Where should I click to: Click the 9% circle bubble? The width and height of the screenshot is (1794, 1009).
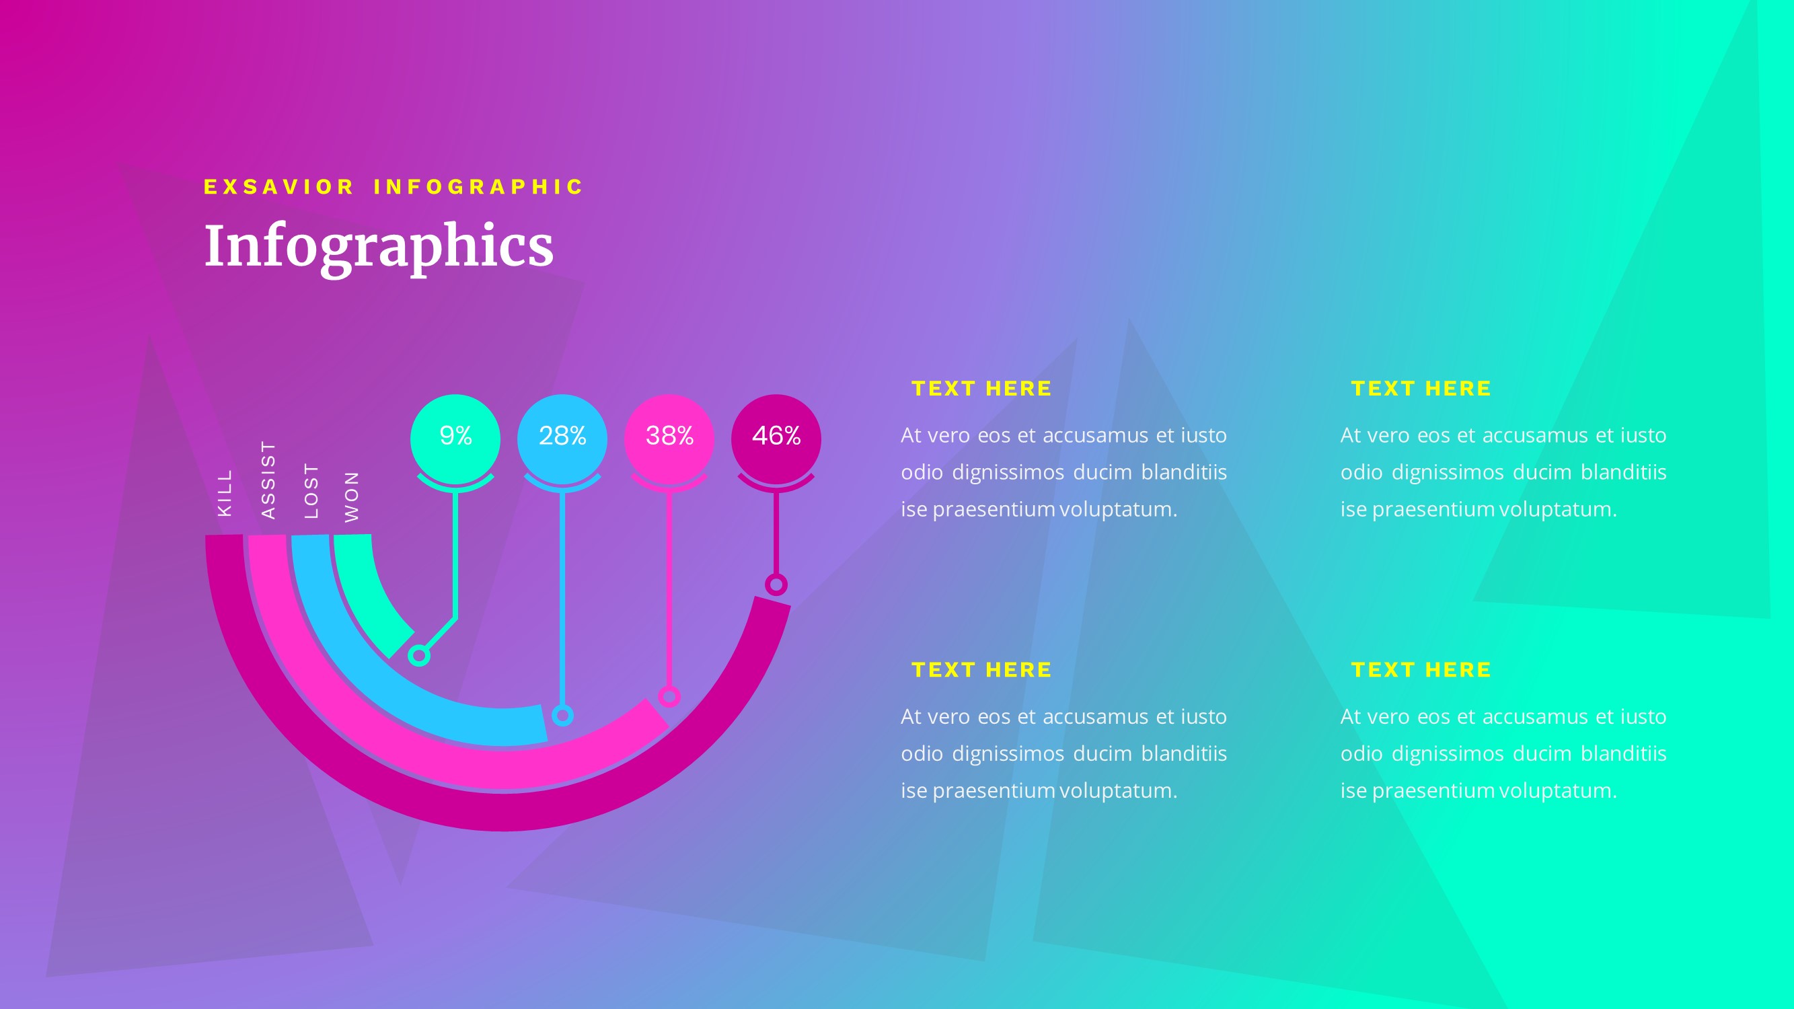click(x=455, y=438)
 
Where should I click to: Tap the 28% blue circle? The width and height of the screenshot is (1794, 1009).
click(x=562, y=438)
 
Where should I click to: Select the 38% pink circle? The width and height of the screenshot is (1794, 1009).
click(x=669, y=438)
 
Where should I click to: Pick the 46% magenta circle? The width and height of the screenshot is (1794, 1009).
click(x=776, y=438)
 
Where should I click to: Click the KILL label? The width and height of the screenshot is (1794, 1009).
click(x=224, y=493)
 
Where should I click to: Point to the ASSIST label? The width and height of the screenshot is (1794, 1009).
click(x=268, y=480)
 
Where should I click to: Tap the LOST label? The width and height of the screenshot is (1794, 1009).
click(x=311, y=491)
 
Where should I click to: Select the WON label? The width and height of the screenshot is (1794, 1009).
click(x=352, y=496)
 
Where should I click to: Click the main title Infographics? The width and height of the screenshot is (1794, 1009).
click(x=378, y=246)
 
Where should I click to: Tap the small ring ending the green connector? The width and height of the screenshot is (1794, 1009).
click(x=418, y=655)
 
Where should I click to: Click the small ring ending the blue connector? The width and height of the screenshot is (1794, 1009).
click(x=563, y=715)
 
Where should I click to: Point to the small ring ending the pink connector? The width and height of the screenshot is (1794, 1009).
click(x=669, y=696)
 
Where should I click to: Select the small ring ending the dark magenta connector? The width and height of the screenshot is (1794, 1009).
click(x=776, y=585)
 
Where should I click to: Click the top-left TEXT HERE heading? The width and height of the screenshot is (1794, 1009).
click(x=981, y=389)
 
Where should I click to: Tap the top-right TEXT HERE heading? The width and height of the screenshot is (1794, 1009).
click(x=1421, y=389)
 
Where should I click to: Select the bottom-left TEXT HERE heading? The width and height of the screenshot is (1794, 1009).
click(x=981, y=670)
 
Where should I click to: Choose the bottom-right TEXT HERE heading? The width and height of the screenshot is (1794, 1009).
click(x=1421, y=670)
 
